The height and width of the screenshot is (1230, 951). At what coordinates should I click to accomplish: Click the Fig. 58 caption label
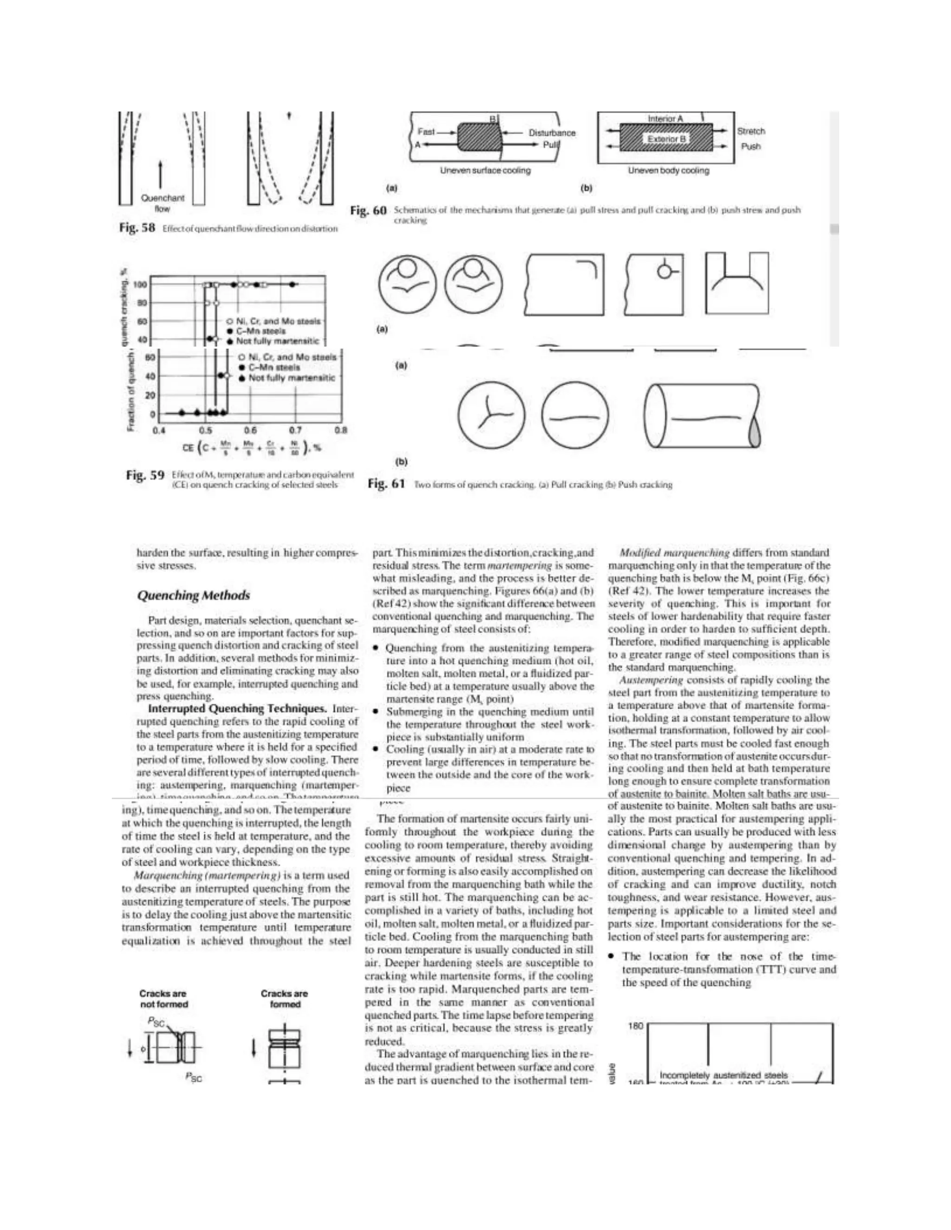pyautogui.click(x=137, y=227)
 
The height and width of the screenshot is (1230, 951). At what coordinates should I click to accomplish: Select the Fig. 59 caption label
pyautogui.click(x=144, y=475)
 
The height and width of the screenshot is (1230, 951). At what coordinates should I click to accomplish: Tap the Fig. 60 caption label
pyautogui.click(x=368, y=211)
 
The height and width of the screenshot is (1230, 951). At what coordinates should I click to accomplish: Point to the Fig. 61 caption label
pyautogui.click(x=386, y=484)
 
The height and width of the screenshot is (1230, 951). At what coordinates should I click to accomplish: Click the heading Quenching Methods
pyautogui.click(x=193, y=596)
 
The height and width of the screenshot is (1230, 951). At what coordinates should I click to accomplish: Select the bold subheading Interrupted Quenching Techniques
pyautogui.click(x=237, y=708)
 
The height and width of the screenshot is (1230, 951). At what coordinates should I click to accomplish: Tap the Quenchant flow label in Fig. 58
pyautogui.click(x=162, y=203)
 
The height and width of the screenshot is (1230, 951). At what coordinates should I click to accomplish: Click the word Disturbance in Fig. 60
pyautogui.click(x=552, y=133)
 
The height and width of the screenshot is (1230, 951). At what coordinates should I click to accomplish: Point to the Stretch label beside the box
pyautogui.click(x=751, y=131)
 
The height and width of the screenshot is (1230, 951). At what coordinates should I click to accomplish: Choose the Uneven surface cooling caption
pyautogui.click(x=485, y=170)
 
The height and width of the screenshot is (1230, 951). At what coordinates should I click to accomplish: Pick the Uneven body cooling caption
pyautogui.click(x=668, y=170)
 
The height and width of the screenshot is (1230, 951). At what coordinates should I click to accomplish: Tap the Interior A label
pyautogui.click(x=665, y=119)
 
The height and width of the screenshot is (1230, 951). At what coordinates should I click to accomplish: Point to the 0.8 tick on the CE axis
pyautogui.click(x=341, y=430)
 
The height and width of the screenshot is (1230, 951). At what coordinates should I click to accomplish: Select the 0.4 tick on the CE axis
pyautogui.click(x=159, y=430)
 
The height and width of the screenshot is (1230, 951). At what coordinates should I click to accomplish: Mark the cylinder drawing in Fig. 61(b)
pyautogui.click(x=702, y=415)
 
